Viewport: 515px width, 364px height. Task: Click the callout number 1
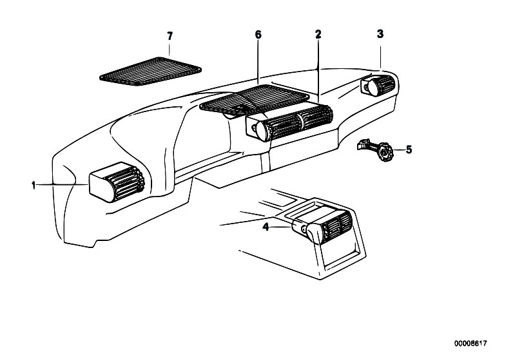point(32,186)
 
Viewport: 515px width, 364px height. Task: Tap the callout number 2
point(318,34)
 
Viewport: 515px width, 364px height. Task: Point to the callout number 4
point(266,226)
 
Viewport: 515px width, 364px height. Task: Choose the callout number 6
point(258,34)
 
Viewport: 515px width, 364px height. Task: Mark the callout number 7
point(170,34)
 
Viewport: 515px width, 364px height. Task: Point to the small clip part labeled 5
point(374,150)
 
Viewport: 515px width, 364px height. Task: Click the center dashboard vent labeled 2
point(290,121)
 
